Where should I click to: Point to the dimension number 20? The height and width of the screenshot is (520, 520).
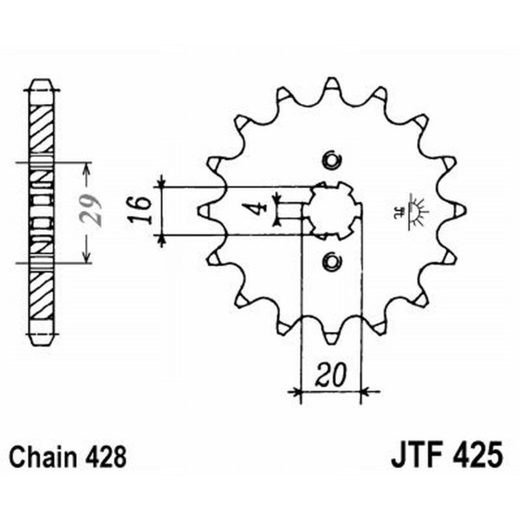(330, 375)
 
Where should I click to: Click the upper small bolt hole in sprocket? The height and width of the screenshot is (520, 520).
(332, 160)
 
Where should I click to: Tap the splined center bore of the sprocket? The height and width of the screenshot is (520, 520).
(332, 210)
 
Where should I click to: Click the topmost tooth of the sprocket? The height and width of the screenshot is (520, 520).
(331, 84)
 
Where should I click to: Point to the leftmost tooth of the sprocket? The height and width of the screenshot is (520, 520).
(203, 210)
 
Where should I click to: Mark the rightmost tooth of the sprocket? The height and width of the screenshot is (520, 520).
(460, 210)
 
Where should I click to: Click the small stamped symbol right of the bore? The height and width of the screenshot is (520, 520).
(411, 209)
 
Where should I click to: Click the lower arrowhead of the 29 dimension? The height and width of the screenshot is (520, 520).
(86, 258)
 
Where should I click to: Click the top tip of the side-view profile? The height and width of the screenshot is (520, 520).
(43, 81)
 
